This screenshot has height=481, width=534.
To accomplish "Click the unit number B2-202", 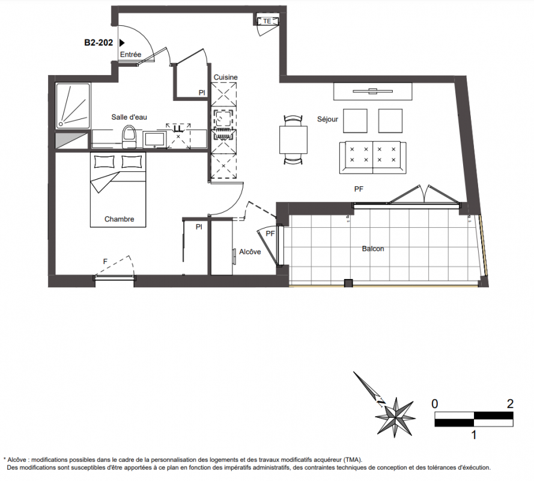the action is [x=99, y=43].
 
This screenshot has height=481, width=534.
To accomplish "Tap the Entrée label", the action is [x=130, y=55].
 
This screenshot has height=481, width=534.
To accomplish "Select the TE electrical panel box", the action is [x=267, y=21].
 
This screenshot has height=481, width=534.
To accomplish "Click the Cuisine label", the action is [x=225, y=78].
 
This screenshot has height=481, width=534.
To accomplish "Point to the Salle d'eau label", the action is [x=129, y=117].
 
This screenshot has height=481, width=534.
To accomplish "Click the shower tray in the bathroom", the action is [x=73, y=106].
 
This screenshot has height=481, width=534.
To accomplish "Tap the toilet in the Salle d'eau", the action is [x=129, y=136].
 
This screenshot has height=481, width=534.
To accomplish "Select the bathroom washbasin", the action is [x=154, y=139].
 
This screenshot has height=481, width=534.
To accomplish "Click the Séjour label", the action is [x=327, y=119].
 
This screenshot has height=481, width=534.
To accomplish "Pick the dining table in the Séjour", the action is [x=293, y=139].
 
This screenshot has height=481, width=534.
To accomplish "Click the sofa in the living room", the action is [x=372, y=157].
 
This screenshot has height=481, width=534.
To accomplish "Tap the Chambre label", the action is [x=119, y=219].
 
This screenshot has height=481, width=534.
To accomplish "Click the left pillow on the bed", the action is [x=104, y=162].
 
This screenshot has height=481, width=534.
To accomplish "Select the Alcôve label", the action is [x=250, y=252].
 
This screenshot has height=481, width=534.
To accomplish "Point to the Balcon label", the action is [x=373, y=249].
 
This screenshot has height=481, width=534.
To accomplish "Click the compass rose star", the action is [x=395, y=417].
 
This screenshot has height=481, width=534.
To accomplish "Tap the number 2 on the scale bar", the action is [x=510, y=404].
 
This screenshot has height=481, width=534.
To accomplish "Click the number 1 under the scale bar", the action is [x=474, y=435].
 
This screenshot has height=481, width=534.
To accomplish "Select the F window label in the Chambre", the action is [x=105, y=262].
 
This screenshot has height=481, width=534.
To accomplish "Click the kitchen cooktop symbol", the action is [x=223, y=118].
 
